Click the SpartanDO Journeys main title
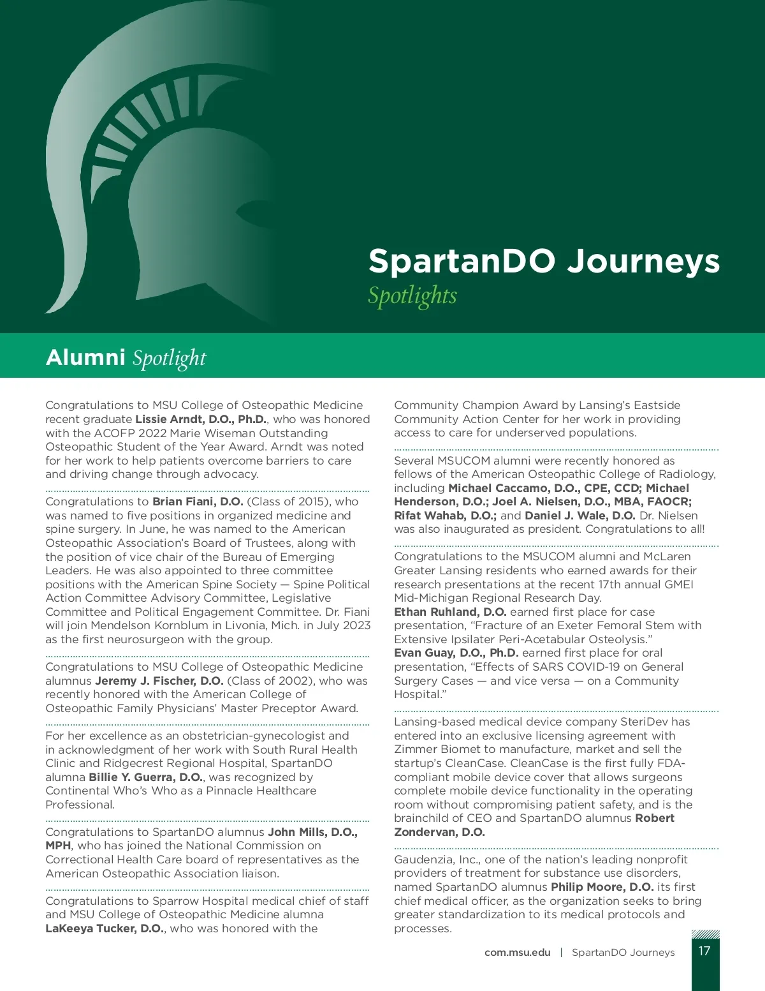544,262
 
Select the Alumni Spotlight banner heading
126,357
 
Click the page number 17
704,951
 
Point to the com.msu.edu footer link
517,953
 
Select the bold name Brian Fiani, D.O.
198,502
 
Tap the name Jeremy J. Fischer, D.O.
159,681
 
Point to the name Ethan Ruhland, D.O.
450,612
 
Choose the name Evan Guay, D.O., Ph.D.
456,653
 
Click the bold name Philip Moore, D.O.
602,887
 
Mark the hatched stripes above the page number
705,934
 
